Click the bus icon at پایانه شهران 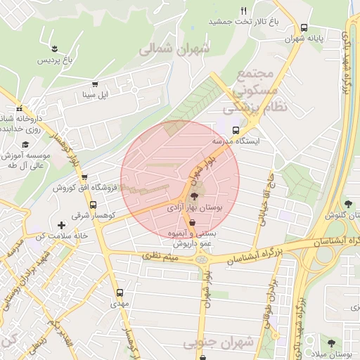[303, 28]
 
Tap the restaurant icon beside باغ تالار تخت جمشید [244, 11]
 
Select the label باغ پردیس [55, 60]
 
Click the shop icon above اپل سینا [95, 82]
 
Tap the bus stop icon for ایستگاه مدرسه [236, 129]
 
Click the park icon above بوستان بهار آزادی [193, 198]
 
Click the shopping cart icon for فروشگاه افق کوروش [84, 178]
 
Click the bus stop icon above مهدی [119, 292]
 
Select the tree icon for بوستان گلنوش [348, 204]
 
